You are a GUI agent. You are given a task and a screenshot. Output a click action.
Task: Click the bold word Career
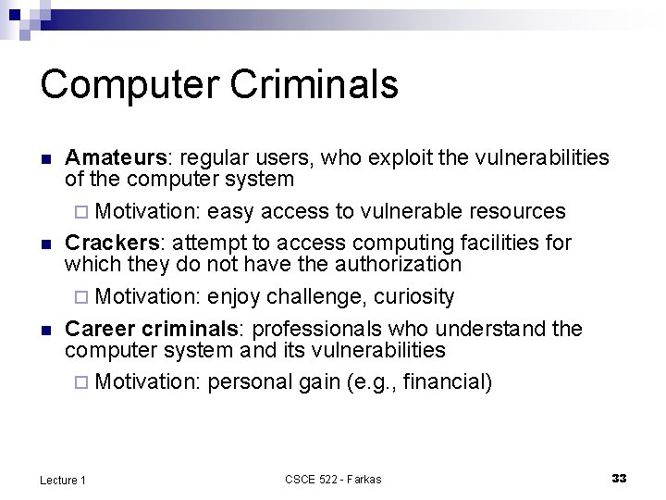98,329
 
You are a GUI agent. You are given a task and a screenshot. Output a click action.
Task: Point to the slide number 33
619,478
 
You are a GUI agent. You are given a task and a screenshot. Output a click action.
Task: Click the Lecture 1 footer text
63,479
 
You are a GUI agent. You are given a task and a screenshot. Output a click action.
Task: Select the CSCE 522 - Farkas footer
333,479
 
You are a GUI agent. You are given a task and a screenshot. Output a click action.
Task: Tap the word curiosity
413,296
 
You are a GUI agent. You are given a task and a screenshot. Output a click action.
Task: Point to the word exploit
401,157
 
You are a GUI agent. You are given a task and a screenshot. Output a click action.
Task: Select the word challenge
314,296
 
